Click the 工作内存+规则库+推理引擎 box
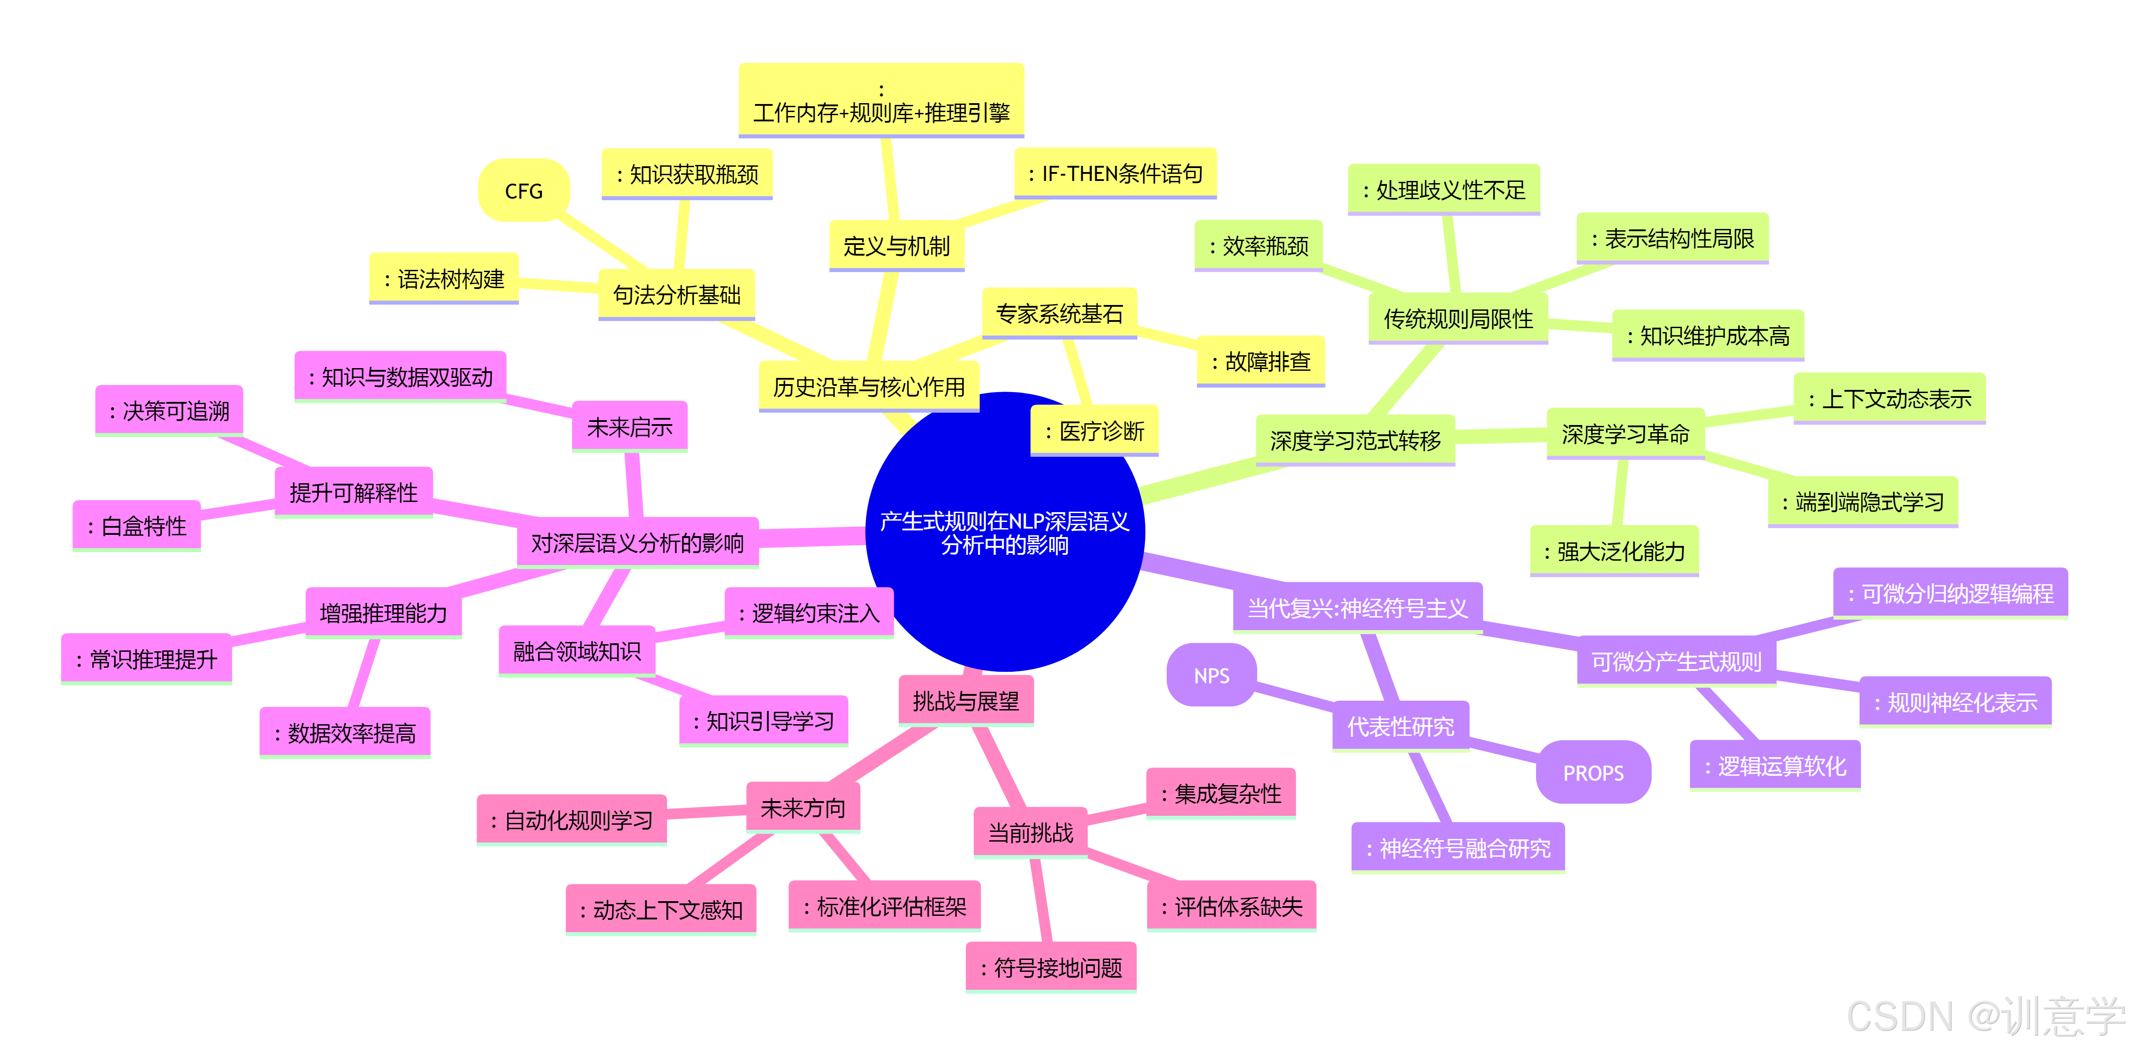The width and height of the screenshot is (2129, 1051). tap(881, 101)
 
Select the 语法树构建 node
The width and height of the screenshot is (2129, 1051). tap(444, 279)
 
